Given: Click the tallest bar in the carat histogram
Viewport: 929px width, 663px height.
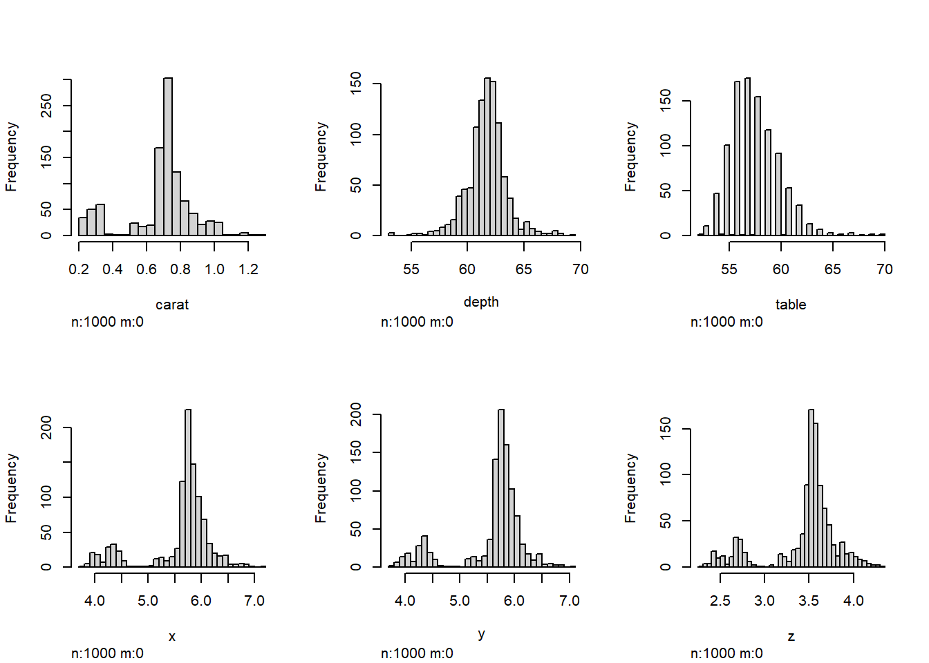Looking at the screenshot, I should pos(168,157).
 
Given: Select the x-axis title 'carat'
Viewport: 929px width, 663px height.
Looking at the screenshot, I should pos(172,305).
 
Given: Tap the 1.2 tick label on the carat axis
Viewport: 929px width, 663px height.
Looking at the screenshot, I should pos(248,269).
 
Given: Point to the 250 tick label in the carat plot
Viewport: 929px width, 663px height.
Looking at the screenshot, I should pos(46,106).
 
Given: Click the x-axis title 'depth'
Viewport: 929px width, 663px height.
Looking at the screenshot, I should pos(481,302).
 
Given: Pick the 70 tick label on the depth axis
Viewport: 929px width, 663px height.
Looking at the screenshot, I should pos(581,269).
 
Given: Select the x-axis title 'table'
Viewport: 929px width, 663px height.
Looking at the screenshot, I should pos(791,305).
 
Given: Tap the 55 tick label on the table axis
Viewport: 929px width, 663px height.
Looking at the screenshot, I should pos(729,269).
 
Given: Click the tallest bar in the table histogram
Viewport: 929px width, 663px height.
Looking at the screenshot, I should pos(748,157).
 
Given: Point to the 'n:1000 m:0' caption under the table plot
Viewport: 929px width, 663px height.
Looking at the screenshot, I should pos(726,322).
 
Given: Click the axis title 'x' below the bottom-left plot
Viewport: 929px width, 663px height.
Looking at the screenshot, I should pos(172,636).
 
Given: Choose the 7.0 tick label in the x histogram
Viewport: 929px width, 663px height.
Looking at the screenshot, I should pos(254,601).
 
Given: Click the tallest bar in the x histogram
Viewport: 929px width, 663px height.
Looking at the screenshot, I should pos(188,488).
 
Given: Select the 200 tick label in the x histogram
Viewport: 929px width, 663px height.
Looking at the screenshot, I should pos(46,427).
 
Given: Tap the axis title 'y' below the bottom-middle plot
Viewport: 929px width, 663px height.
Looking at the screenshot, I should pos(481,634).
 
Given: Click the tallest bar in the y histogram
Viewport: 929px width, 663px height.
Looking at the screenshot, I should pos(501,488).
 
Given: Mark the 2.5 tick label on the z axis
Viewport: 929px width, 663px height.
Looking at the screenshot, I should pos(720,601).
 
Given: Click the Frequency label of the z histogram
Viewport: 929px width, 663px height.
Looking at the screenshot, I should pos(630,488).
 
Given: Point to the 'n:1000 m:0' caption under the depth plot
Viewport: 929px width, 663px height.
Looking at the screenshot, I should pos(417,322).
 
